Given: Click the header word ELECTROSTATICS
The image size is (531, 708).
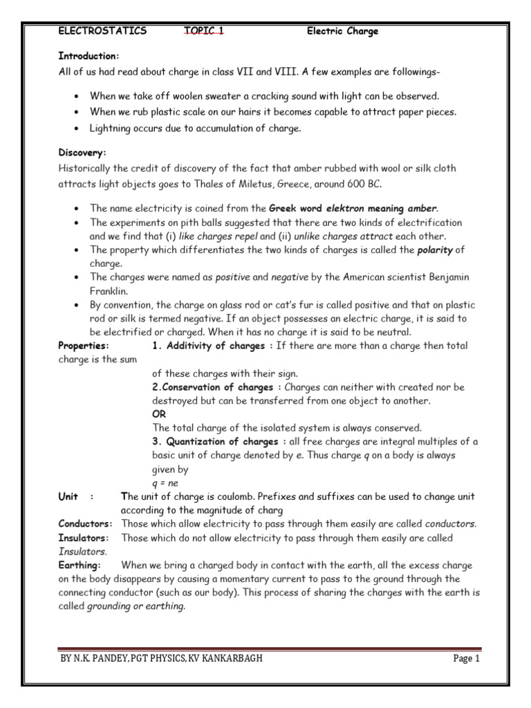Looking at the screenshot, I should pos(102,31).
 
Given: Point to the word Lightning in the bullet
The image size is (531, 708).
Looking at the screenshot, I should pos(111,128).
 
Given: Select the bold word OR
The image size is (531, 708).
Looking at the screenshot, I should pos(159,414).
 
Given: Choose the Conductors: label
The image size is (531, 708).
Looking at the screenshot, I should pos(85,523).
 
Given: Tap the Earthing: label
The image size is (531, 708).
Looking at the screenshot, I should pos(80,565).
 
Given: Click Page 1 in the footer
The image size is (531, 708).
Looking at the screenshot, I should pos(466,659).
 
